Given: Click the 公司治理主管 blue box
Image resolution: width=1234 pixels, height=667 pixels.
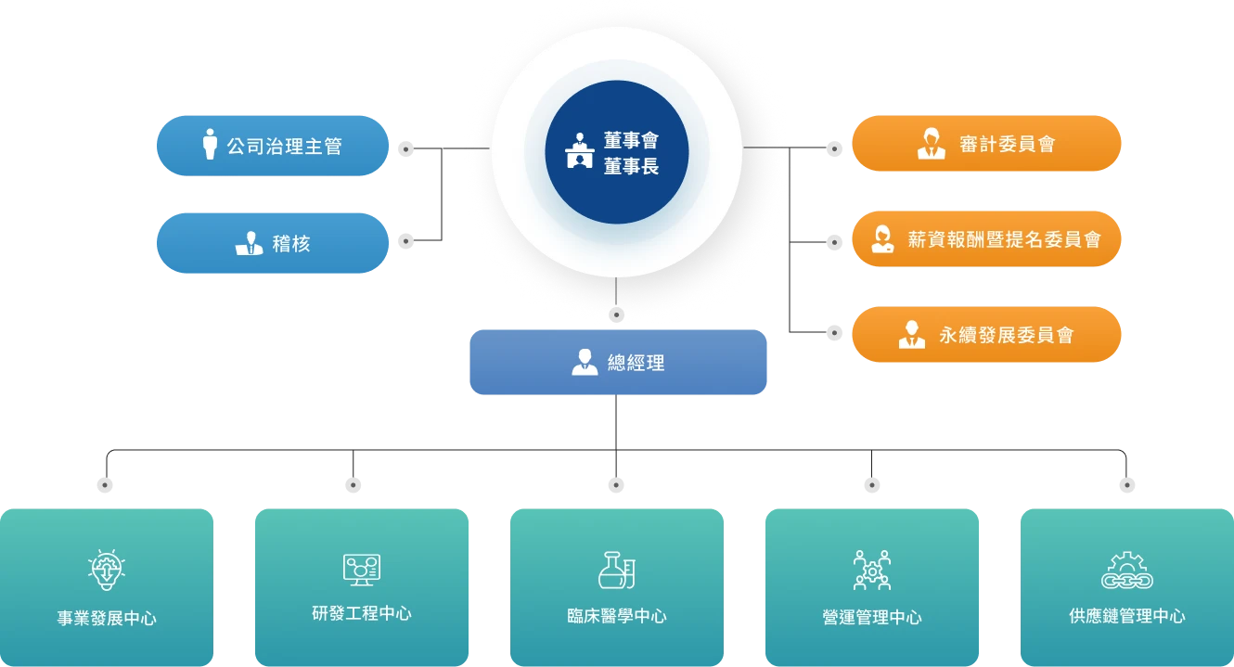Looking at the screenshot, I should [274, 146].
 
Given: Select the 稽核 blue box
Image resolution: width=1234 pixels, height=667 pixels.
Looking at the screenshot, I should [274, 243].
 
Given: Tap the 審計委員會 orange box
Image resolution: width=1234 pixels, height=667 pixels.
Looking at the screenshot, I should [987, 144].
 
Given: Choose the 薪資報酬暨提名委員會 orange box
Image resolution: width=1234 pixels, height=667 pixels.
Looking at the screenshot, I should [987, 239].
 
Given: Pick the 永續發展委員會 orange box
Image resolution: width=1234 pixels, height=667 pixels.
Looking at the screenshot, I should [987, 334].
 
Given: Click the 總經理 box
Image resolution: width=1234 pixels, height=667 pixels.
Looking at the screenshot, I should [619, 363].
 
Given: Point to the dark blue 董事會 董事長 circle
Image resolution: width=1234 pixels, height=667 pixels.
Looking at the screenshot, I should [616, 152].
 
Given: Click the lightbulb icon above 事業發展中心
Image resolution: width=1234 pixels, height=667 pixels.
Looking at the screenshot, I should [107, 570].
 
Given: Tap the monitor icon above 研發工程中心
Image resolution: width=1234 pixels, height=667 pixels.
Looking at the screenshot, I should [362, 569].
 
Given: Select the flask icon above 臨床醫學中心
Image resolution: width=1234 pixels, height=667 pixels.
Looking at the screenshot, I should [616, 570].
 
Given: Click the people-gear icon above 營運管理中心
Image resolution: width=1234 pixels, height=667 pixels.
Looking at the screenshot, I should [871, 570].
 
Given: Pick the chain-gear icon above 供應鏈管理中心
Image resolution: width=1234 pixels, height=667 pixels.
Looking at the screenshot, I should [1126, 570].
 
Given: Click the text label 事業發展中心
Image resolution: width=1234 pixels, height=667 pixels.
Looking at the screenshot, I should [107, 618].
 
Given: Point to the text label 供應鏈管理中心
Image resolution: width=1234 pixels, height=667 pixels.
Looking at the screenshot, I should [1126, 615].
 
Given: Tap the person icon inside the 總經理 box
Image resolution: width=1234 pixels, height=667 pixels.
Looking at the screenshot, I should [585, 362].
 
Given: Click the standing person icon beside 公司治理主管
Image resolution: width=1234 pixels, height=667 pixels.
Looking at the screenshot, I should [210, 144].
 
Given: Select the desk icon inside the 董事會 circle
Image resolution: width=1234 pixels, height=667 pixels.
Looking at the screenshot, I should [580, 151].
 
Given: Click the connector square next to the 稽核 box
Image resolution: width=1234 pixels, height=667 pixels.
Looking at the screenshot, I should [405, 241].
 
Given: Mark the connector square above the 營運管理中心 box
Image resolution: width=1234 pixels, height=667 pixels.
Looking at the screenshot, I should [871, 485].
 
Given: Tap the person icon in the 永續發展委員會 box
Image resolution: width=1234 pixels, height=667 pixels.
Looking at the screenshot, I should [912, 334].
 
